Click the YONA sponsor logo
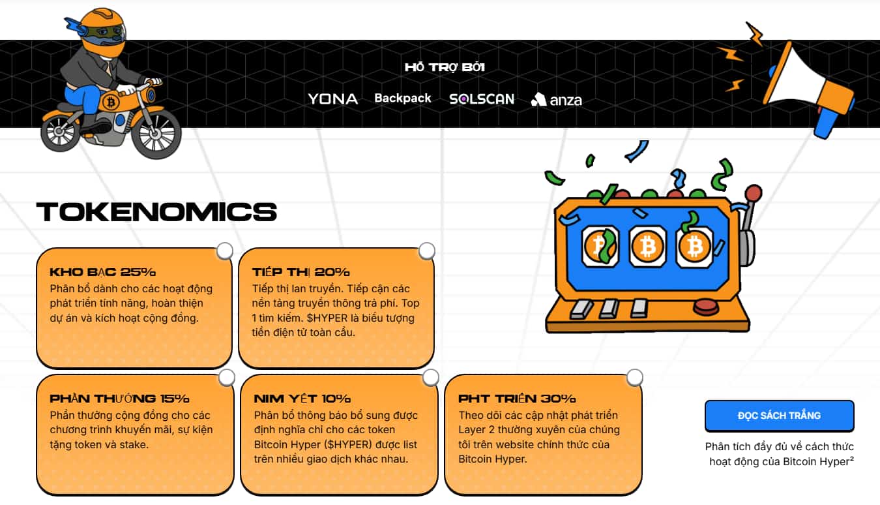click(x=332, y=99)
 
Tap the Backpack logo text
click(x=403, y=98)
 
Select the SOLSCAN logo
click(x=482, y=99)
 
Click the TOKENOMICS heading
click(x=156, y=212)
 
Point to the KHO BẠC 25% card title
click(x=102, y=272)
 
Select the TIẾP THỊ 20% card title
click(x=301, y=272)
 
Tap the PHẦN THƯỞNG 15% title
click(x=119, y=398)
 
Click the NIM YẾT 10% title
click(x=302, y=398)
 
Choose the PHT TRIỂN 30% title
click(x=517, y=398)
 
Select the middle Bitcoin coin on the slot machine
click(x=647, y=247)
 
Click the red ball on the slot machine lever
click(x=754, y=192)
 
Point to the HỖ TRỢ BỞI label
click(x=445, y=67)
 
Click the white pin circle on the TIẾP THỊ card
click(x=427, y=251)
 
